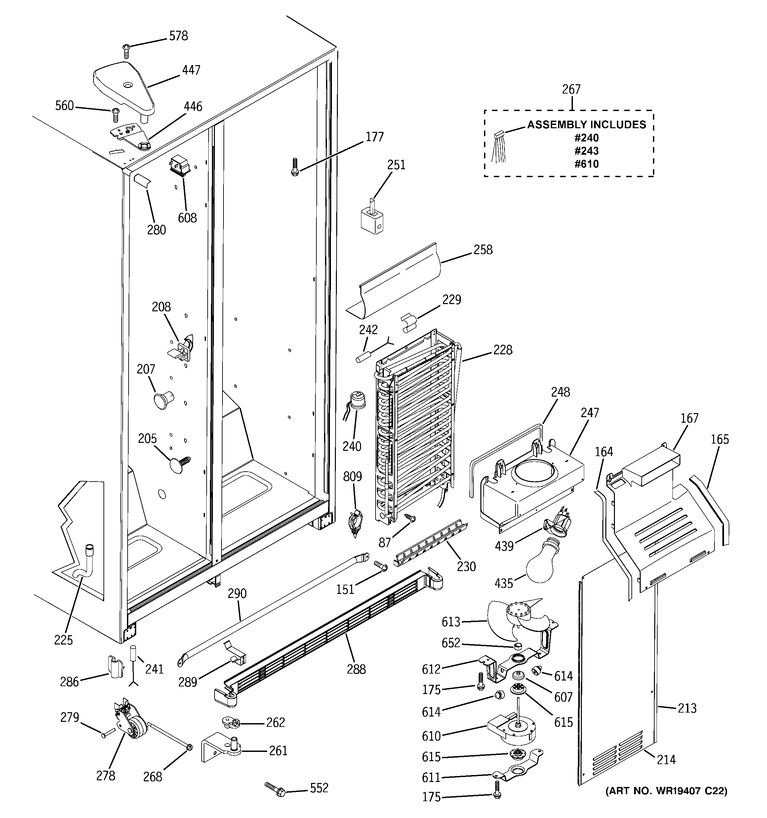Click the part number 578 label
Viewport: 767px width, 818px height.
[178, 36]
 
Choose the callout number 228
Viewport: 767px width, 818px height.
[503, 350]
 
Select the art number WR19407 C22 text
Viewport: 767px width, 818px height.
[666, 791]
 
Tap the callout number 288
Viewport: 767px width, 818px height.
[356, 670]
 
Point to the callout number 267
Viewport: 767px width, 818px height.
[571, 90]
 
